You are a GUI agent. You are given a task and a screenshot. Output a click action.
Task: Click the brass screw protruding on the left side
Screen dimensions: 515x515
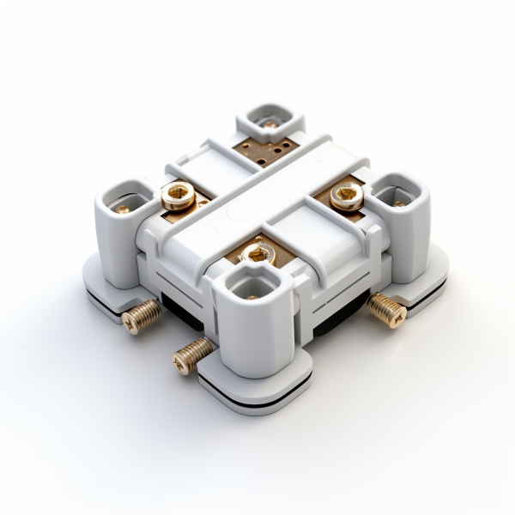[x=141, y=316]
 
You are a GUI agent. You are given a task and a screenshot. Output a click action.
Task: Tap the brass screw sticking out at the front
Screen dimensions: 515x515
[x=191, y=354]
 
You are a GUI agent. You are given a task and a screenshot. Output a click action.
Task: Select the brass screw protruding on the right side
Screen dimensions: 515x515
[x=386, y=310]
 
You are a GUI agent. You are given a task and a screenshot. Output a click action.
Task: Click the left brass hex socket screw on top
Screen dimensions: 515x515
[x=179, y=197]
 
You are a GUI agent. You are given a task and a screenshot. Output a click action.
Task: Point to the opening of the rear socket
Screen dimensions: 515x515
[x=270, y=118]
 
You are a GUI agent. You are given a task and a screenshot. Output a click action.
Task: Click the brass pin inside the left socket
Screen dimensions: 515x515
[x=124, y=209]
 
